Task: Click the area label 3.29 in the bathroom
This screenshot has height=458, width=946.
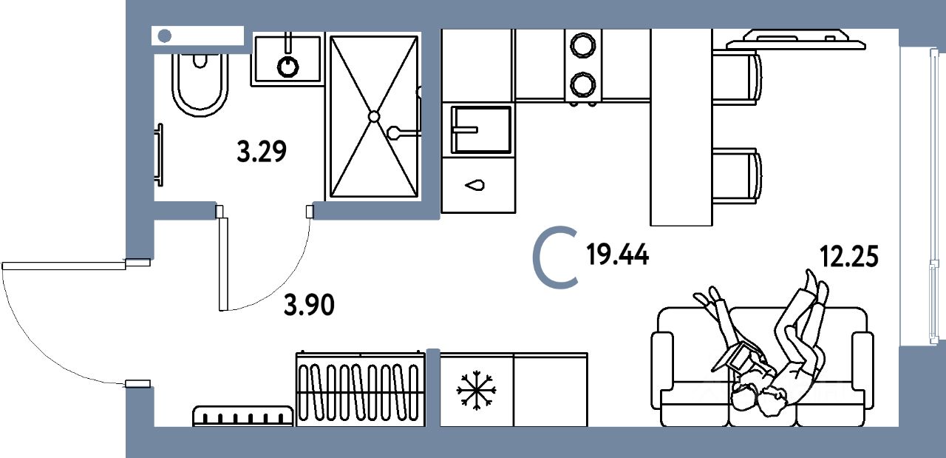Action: click(x=261, y=152)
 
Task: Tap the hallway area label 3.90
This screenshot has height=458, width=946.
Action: click(x=310, y=304)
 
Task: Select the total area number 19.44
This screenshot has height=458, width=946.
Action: click(x=617, y=256)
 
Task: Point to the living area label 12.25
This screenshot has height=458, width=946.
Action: click(x=848, y=256)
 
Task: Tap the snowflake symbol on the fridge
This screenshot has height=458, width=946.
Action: click(x=476, y=390)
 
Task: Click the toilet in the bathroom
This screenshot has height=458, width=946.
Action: click(x=200, y=83)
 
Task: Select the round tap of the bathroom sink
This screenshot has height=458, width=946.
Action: click(x=288, y=67)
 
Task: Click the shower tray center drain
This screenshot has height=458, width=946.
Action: click(x=374, y=116)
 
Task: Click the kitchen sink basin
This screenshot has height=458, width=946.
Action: click(x=481, y=129)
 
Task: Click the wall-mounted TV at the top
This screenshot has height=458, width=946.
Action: click(x=796, y=38)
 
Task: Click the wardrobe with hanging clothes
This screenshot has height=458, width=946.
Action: click(x=360, y=388)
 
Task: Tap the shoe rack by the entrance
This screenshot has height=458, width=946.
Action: click(x=242, y=416)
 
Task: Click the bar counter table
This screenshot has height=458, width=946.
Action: click(x=681, y=126)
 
